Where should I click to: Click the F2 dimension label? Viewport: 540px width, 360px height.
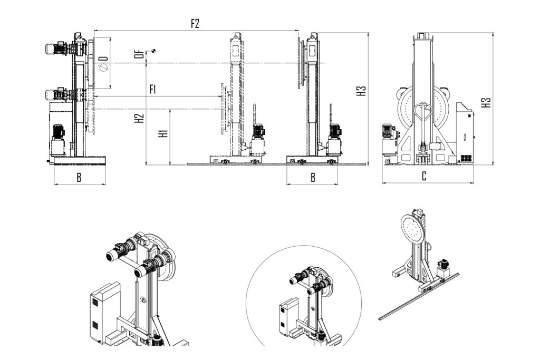[x=195, y=24]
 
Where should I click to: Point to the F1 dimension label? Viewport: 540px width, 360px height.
[x=153, y=89]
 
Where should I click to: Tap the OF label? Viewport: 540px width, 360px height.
[x=138, y=53]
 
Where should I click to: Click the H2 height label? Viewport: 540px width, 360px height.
[x=139, y=118]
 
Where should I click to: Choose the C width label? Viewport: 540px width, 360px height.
[x=424, y=177]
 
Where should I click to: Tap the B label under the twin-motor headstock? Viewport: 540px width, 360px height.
[x=79, y=178]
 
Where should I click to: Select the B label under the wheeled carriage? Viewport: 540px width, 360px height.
[x=312, y=178]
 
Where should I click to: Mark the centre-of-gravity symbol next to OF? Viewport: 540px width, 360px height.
[x=153, y=50]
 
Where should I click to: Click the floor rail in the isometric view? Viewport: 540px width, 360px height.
[x=417, y=298]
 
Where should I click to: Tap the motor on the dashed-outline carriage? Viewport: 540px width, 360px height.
[x=258, y=131]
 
